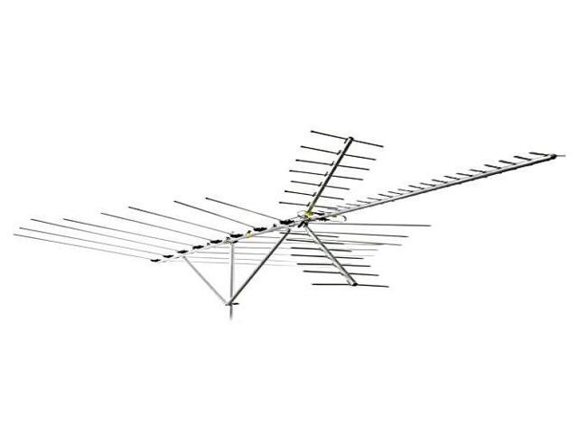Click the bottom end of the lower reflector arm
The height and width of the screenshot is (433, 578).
point(356,289)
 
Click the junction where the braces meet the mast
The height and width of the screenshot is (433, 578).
point(233,301)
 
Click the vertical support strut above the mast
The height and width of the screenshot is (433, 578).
point(232,271)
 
